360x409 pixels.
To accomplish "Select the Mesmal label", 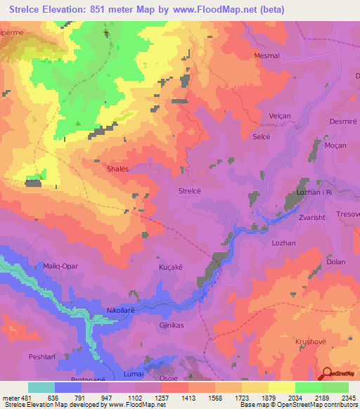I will [x=266, y=55].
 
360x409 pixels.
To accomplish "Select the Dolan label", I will [x=336, y=262].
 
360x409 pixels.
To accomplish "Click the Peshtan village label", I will [x=41, y=357].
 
